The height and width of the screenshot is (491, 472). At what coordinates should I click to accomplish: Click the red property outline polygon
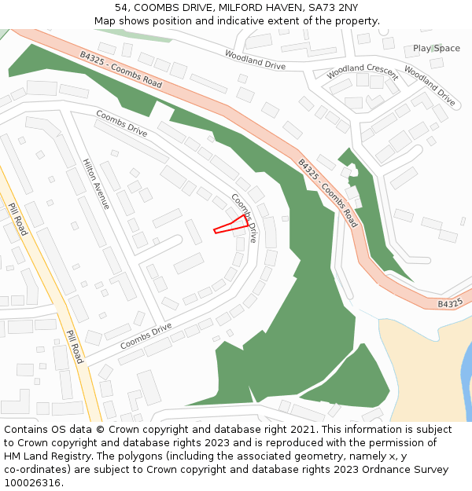point(233,225)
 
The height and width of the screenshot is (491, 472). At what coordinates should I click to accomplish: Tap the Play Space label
point(437,49)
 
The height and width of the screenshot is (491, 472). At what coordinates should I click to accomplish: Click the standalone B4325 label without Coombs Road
point(450,303)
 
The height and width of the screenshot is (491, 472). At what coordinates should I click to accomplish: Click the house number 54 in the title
point(122,7)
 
